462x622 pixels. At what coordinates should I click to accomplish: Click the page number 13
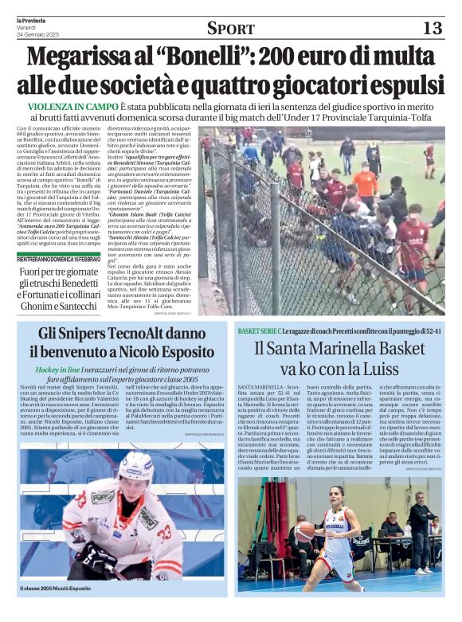coord(431,28)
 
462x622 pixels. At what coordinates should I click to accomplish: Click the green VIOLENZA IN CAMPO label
coord(72,107)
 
